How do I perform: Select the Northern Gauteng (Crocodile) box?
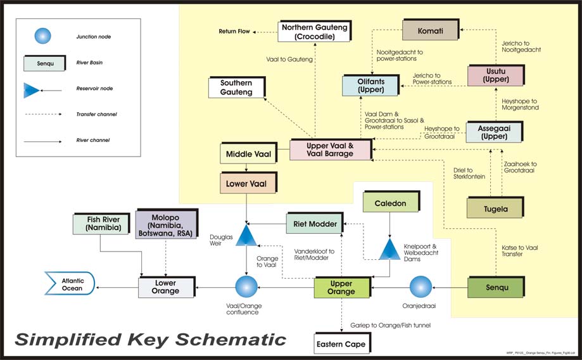click(x=313, y=31)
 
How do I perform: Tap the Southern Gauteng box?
click(x=236, y=87)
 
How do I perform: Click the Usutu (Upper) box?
click(x=495, y=75)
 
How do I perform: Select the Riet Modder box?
click(x=315, y=224)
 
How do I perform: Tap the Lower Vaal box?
click(x=246, y=184)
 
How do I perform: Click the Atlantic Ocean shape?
click(x=70, y=283)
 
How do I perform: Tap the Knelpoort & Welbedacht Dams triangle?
click(x=388, y=248)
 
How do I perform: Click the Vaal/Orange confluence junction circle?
click(x=246, y=287)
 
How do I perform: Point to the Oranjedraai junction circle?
click(x=420, y=286)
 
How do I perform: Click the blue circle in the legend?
click(x=42, y=36)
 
